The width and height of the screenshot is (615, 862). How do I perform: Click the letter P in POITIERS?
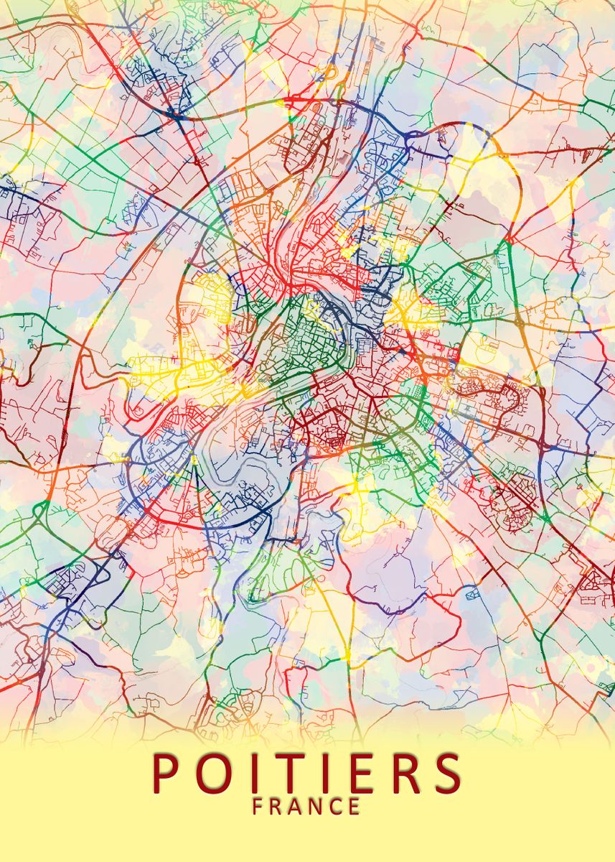pos(167,771)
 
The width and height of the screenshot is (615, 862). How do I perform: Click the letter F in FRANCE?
pos(258,807)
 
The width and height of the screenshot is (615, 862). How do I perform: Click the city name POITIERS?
pos(307,772)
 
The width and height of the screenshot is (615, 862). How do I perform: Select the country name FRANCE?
pos(307,807)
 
